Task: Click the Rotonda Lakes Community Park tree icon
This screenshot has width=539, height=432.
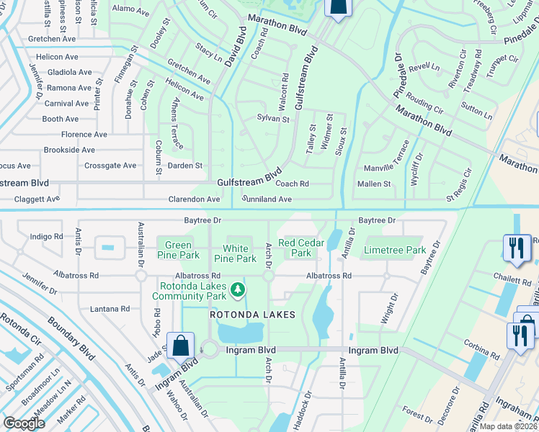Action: pos(237,289)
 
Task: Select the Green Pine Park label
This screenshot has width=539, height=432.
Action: pos(178,250)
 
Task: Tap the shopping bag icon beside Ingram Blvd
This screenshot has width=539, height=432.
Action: pos(179,346)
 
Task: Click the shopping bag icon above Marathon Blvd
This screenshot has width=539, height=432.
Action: pos(336,7)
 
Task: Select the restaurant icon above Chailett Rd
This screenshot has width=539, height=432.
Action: pos(515,248)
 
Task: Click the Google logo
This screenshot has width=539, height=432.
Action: pos(24,423)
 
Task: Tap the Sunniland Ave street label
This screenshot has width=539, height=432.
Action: pos(267,199)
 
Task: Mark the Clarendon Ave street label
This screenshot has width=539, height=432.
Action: pos(194,199)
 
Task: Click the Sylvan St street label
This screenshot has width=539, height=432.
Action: pos(273,119)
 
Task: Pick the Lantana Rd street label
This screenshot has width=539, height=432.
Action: pos(110,309)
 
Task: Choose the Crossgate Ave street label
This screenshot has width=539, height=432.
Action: pos(110,166)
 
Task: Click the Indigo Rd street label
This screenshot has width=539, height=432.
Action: pos(47,236)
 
